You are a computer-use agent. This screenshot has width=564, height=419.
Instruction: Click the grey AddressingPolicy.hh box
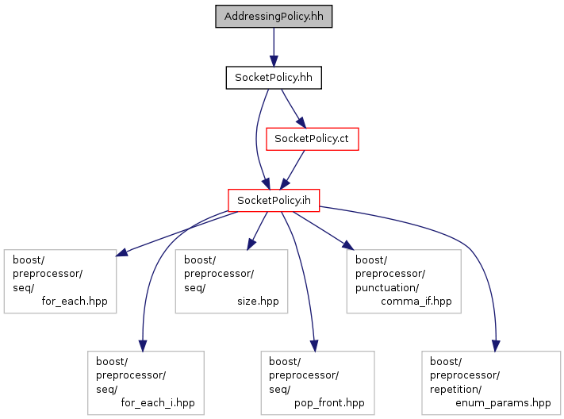pos(274,16)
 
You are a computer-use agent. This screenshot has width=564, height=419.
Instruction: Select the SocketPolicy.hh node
pos(274,78)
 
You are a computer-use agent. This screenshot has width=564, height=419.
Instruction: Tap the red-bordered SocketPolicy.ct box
pos(313,139)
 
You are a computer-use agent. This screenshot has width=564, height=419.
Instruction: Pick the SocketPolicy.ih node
pos(274,200)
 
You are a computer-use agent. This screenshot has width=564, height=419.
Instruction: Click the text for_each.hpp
pos(75,301)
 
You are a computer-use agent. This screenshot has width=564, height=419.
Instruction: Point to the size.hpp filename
pos(258,301)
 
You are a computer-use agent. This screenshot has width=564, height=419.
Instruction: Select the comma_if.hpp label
pos(416,301)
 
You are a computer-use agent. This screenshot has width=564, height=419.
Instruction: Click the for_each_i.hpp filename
pos(158,402)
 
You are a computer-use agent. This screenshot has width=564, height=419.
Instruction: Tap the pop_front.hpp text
pos(329,402)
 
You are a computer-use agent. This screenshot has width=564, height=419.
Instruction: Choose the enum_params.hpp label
pos(503,402)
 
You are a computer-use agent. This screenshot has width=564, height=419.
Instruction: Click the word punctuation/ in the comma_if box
pos(387,287)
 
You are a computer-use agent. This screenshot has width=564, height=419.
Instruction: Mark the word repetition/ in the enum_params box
pos(456,389)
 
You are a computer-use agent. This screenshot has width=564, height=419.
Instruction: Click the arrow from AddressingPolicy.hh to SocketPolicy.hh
pos(274,47)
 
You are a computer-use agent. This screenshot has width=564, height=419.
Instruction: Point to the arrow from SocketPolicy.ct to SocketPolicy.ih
pos(293,170)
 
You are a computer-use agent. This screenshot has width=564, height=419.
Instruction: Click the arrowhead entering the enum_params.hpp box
pos(496,345)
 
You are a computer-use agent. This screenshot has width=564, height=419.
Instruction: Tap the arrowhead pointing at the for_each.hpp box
pos(121,252)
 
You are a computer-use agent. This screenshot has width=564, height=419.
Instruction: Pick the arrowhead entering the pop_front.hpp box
pos(314,345)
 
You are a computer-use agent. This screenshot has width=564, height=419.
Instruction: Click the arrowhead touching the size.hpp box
pos(251,244)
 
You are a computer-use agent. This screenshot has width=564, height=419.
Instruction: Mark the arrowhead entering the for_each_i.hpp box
pos(143,345)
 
